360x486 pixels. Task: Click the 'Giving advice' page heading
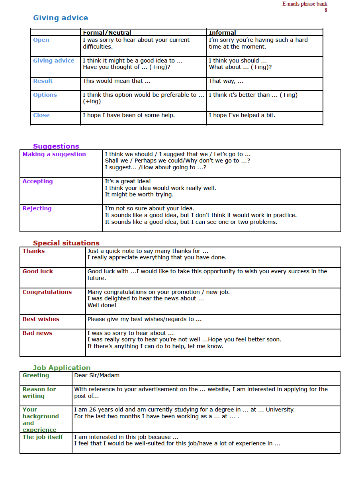(61, 18)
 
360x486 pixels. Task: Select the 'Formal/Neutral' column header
(107, 33)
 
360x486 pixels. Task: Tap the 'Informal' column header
(222, 33)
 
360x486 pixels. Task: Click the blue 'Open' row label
(41, 40)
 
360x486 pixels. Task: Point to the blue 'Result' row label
(43, 81)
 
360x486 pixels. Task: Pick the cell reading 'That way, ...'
(226, 81)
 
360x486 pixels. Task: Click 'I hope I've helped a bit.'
(242, 115)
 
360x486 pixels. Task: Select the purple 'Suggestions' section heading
(56, 146)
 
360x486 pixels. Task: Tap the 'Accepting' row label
(37, 181)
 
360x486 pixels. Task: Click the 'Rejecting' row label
(37, 208)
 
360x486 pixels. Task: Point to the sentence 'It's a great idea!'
(128, 181)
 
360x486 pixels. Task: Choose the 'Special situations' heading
(66, 243)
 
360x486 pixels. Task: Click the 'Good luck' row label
(37, 271)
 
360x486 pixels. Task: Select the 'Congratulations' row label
(47, 292)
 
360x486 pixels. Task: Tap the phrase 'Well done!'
(102, 305)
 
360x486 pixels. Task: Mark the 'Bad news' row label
(37, 333)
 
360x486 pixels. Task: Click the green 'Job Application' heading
(62, 368)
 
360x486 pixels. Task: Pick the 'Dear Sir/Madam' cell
(97, 375)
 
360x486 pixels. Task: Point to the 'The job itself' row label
(43, 437)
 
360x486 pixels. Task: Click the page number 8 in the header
(326, 10)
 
